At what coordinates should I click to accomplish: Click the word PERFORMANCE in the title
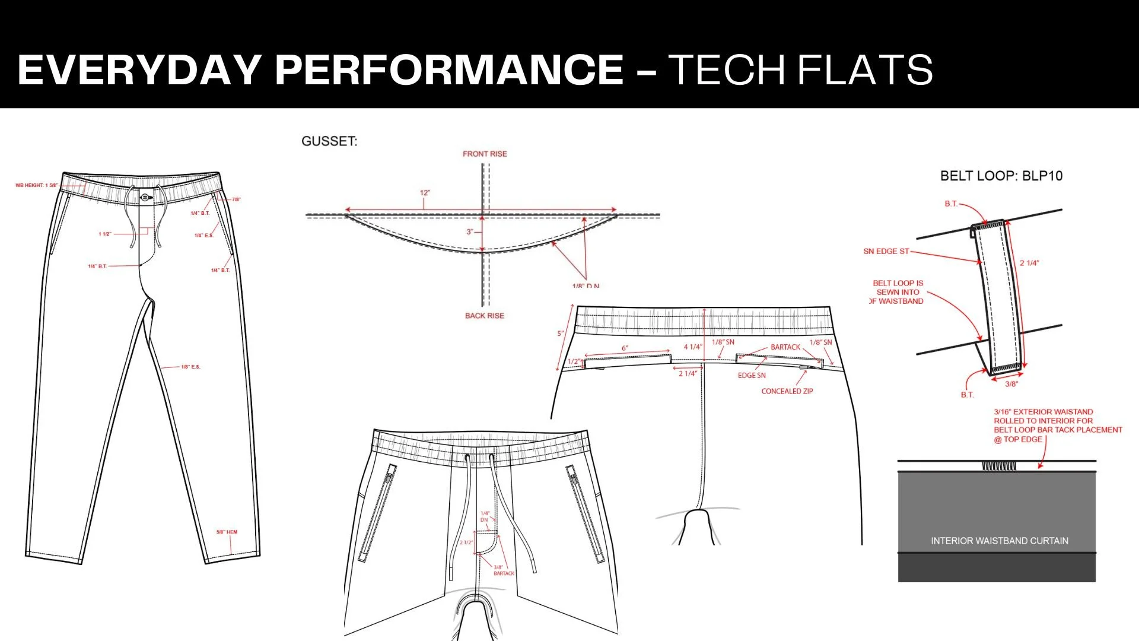449,69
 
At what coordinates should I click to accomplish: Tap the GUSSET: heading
329,141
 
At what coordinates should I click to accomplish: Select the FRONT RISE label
485,154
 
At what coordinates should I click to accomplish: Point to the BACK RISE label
484,316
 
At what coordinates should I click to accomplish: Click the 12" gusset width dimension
425,193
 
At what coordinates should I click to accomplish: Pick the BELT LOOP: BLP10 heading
1001,176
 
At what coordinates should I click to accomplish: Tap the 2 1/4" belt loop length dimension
1029,263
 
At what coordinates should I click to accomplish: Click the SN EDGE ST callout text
886,251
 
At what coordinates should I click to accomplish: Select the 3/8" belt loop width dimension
1011,384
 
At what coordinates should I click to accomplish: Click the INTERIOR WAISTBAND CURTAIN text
999,541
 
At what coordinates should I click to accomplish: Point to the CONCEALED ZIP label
787,391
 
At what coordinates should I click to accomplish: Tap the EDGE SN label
752,375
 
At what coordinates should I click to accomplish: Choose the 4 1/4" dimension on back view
692,347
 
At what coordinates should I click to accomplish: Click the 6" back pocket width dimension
625,348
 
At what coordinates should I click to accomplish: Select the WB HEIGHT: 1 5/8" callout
36,185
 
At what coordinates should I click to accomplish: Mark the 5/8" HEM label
227,532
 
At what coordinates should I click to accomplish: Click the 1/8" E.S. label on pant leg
190,367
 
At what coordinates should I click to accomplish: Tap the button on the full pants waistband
145,197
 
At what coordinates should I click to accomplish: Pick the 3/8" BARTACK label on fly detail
503,570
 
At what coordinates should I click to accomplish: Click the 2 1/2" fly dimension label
466,542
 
